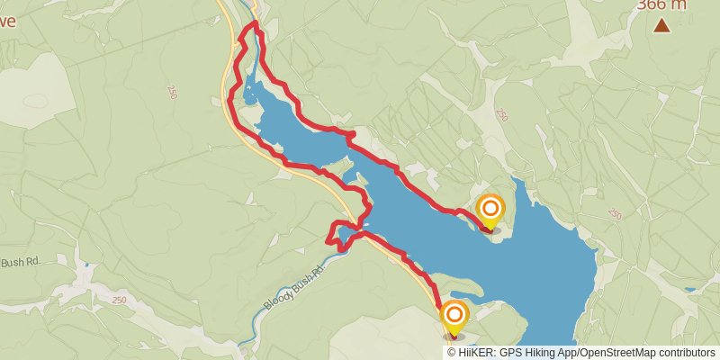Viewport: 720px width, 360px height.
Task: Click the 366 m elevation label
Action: tap(661, 5)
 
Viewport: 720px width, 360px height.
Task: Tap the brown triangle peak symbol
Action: tap(662, 26)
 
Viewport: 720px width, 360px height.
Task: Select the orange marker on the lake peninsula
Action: tap(490, 211)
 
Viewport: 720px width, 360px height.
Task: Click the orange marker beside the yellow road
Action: tap(454, 315)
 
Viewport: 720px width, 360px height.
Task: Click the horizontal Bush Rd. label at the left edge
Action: tap(21, 263)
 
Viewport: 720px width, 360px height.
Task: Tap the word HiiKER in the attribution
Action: tap(477, 353)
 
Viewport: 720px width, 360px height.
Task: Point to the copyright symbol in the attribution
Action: tap(452, 353)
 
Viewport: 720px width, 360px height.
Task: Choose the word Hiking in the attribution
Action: tap(544, 353)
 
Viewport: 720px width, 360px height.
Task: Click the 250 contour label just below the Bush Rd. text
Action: tap(120, 300)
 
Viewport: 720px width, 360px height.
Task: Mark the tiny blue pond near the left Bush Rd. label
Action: tap(86, 266)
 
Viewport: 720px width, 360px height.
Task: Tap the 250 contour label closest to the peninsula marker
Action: tap(502, 115)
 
